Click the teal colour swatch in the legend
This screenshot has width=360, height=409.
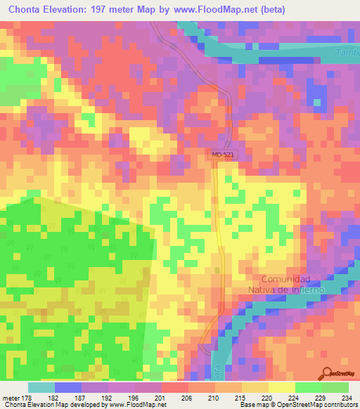41,387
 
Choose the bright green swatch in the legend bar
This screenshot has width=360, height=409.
308,387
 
